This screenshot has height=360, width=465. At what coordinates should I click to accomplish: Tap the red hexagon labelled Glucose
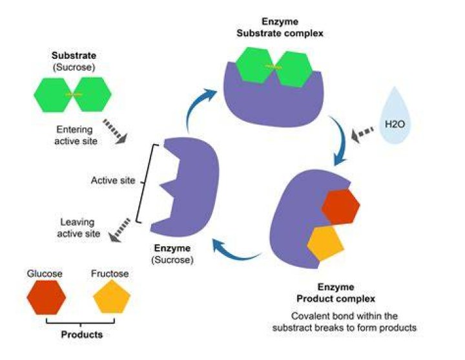click(x=46, y=297)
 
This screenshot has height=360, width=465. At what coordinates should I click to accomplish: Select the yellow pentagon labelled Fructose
click(x=112, y=297)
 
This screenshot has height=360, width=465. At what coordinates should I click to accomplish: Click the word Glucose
click(x=45, y=273)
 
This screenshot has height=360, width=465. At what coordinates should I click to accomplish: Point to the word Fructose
click(x=110, y=273)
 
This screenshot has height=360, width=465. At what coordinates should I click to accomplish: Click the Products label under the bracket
click(x=82, y=335)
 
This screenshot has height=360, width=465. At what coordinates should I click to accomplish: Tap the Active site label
click(x=113, y=180)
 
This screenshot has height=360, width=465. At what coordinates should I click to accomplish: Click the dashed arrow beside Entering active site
click(x=116, y=131)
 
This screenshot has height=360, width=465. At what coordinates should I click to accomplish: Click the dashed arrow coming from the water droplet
click(x=362, y=134)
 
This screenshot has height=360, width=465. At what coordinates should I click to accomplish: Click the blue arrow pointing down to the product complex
click(x=340, y=141)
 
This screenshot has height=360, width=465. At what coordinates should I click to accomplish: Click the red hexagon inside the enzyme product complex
click(x=340, y=207)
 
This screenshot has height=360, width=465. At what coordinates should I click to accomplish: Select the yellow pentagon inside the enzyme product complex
click(x=325, y=244)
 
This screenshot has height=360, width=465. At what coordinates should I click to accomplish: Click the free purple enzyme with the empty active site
click(x=190, y=187)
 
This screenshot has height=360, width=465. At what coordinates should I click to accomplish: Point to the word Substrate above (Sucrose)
click(x=74, y=56)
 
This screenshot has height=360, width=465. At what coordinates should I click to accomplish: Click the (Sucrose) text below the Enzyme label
click(x=172, y=260)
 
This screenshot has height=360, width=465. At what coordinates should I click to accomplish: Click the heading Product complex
click(x=336, y=299)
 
